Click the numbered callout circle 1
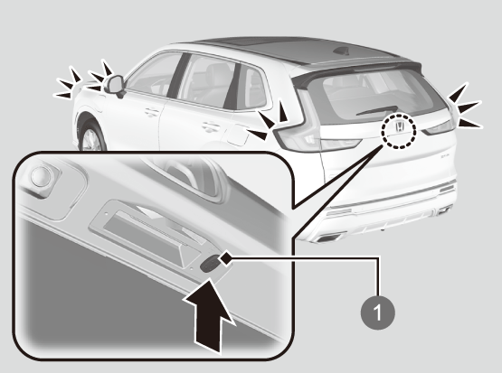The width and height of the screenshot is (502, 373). (378, 312)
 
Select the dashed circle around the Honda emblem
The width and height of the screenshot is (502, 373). (399, 131)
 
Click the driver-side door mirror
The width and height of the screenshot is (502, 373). (115, 85)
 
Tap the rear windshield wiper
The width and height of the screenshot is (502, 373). (376, 110)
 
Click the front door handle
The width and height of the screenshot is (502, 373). (151, 112)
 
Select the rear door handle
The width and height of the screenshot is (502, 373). (211, 126)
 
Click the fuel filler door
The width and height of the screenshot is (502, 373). (238, 135)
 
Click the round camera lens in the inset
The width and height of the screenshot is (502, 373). (41, 175)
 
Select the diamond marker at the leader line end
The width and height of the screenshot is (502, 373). (226, 257)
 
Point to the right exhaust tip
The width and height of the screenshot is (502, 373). (444, 210)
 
